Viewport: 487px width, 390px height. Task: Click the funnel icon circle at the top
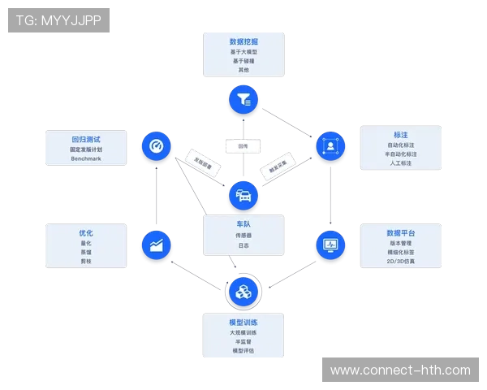(243, 100)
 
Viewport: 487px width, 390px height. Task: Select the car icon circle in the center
(243, 195)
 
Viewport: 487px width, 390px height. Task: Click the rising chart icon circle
(157, 244)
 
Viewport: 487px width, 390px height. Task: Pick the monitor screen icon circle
(330, 244)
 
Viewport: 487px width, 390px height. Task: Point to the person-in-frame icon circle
(330, 146)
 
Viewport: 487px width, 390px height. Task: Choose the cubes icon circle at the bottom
(243, 291)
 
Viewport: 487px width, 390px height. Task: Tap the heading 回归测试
(86, 139)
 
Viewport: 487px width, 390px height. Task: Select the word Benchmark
(86, 159)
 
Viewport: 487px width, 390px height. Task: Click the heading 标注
(400, 134)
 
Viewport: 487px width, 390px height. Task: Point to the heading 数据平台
(400, 232)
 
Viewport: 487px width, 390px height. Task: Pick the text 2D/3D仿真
(400, 262)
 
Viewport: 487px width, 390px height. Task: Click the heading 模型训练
(243, 322)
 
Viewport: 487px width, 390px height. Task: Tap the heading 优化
(86, 232)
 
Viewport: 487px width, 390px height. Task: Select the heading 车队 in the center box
(243, 223)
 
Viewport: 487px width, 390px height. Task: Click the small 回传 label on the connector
(243, 146)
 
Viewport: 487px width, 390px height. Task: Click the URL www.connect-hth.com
(399, 370)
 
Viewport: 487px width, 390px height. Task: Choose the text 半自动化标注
(400, 154)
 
